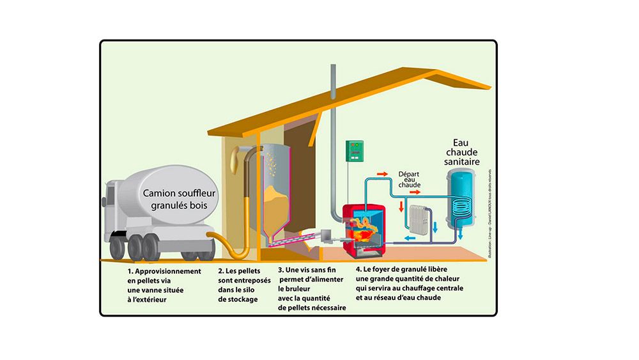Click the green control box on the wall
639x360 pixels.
(x=353, y=151)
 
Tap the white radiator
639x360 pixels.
(x=419, y=218)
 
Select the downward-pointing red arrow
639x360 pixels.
(x=401, y=207)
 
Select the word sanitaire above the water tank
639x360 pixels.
(x=464, y=164)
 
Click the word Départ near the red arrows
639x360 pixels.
(x=409, y=173)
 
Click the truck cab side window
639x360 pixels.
(x=109, y=195)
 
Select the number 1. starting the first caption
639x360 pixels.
(x=130, y=271)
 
